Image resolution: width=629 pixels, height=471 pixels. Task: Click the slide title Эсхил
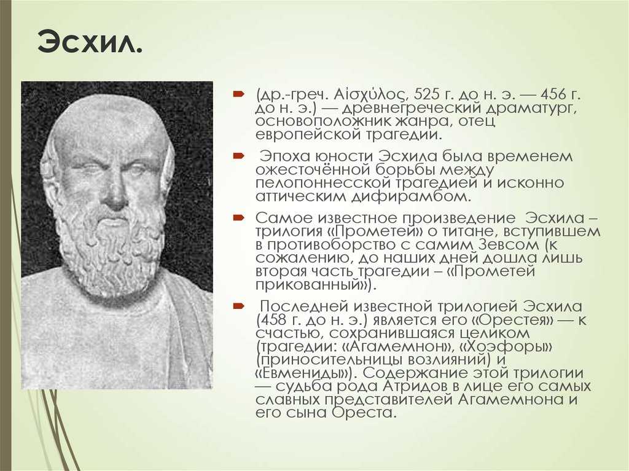[90, 41]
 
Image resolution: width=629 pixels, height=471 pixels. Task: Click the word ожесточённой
[313, 170]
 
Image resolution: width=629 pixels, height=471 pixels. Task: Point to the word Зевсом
[507, 245]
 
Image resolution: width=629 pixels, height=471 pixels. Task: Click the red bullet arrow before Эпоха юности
[239, 155]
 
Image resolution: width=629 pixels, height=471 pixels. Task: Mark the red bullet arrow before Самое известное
[239, 218]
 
